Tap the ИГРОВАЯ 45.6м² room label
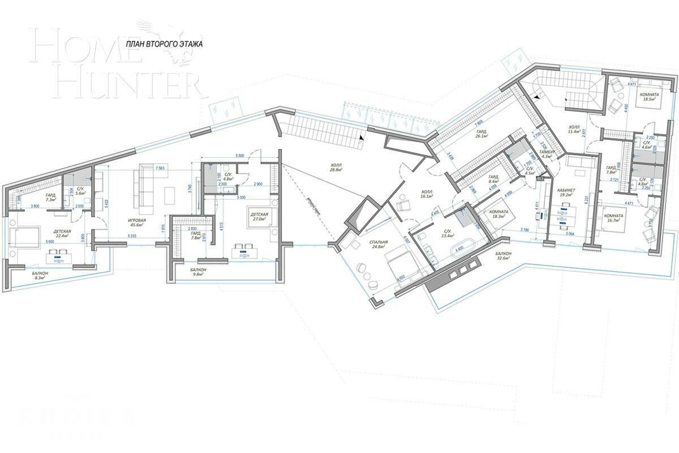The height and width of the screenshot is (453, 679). pos(136,223)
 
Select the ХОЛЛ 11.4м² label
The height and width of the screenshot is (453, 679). pos(578,129)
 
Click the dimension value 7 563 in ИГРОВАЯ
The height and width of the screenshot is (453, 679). pos(159,168)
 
